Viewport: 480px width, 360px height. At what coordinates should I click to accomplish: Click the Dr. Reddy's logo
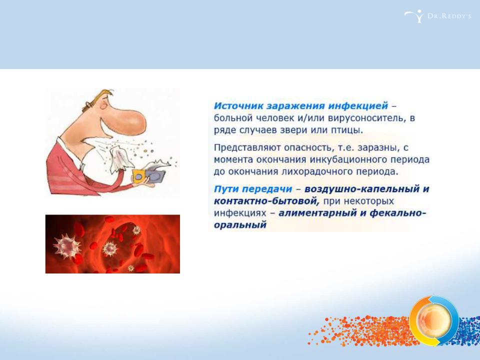tap(437, 16)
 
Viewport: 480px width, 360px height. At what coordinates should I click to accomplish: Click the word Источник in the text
tap(238, 105)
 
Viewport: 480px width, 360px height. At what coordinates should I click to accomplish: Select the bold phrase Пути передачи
tap(253, 189)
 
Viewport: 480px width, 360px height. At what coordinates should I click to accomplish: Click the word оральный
tap(240, 225)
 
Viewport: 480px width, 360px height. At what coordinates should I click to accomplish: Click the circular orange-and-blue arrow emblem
tap(434, 320)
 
